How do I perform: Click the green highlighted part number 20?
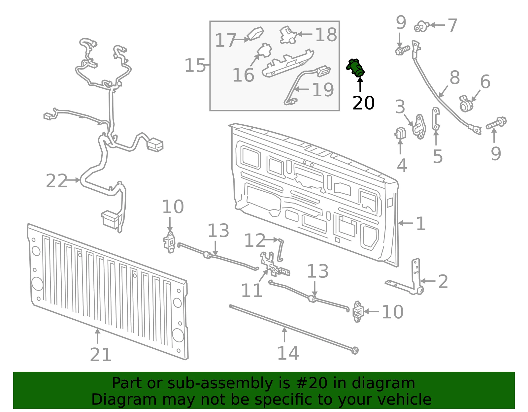(x=355, y=68)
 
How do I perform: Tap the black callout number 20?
(x=364, y=103)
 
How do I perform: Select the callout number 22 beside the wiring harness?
(x=56, y=181)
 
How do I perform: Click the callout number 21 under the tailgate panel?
(x=101, y=355)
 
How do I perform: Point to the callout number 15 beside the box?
(x=195, y=66)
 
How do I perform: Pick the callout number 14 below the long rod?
(x=288, y=353)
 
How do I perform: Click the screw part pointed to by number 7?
(x=421, y=26)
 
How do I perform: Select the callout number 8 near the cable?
(x=455, y=78)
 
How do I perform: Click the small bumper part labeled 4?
(x=400, y=133)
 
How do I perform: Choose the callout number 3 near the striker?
(x=400, y=107)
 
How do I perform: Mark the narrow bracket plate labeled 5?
(x=436, y=119)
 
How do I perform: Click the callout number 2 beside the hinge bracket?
(x=443, y=281)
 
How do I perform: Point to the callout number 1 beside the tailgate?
(x=421, y=224)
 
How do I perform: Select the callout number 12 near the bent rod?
(x=255, y=240)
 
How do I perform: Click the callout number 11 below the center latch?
(x=252, y=290)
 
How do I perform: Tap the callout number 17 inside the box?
(x=226, y=40)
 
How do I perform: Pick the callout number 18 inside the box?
(x=326, y=35)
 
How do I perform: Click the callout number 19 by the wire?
(x=323, y=90)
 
